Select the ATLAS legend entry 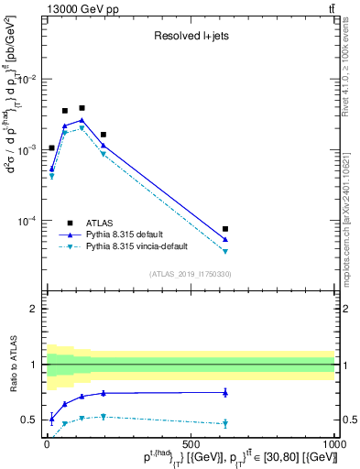coord(101,223)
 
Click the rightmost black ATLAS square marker coord(225,229)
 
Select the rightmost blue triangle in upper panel coord(225,240)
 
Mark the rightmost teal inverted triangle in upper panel coord(225,252)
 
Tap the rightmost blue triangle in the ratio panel coord(225,392)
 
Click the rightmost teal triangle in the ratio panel coord(225,423)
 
